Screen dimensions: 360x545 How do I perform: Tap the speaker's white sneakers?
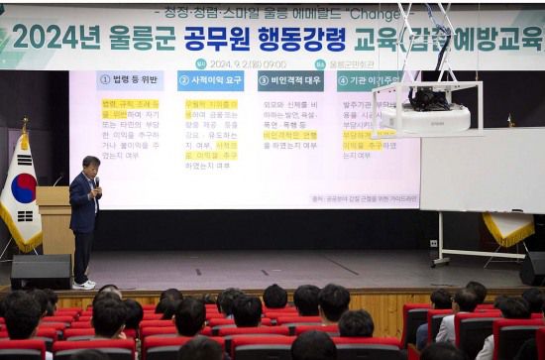pos(85,285)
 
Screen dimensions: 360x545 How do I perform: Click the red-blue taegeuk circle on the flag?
pos(23,187)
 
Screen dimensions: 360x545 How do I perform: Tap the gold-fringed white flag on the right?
pos(509,229)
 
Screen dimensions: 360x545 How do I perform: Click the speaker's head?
pos(90,164)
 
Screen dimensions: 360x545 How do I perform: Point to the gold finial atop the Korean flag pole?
pos(24,125)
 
